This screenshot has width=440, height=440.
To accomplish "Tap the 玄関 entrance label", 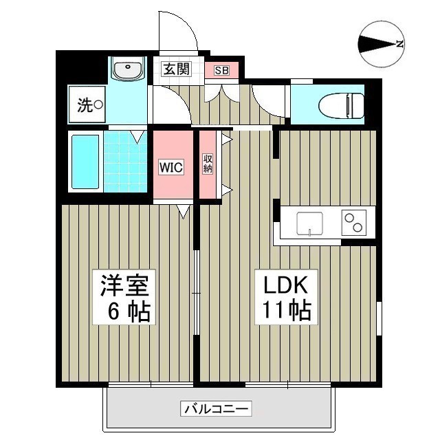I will pos(175,69).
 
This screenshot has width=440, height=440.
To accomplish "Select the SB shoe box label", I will pos(221,70).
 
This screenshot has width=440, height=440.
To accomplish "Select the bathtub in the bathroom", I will pos(86,162).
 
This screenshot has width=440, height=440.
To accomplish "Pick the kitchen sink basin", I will pos(309,223).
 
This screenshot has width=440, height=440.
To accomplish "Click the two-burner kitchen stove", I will pos(354,222).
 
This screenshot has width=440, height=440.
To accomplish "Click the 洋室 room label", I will pos(126,284).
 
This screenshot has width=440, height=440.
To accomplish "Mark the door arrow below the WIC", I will pos(184,210).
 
